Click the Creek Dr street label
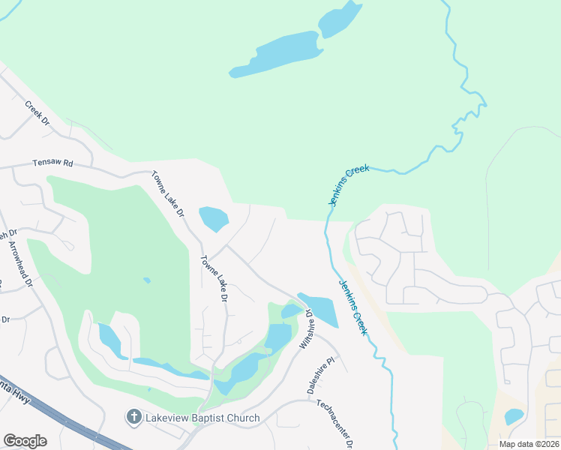click(x=36, y=113)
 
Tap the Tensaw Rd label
click(x=52, y=163)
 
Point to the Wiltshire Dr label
click(x=306, y=331)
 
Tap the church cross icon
click(x=134, y=417)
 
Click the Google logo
click(x=25, y=441)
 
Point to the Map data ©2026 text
click(x=529, y=444)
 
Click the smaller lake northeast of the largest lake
click(x=339, y=19)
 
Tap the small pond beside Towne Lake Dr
click(x=214, y=218)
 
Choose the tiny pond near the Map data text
click(x=514, y=416)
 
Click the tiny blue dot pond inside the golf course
click(x=147, y=280)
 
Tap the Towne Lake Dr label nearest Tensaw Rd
click(x=167, y=193)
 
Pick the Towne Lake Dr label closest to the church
click(x=214, y=278)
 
